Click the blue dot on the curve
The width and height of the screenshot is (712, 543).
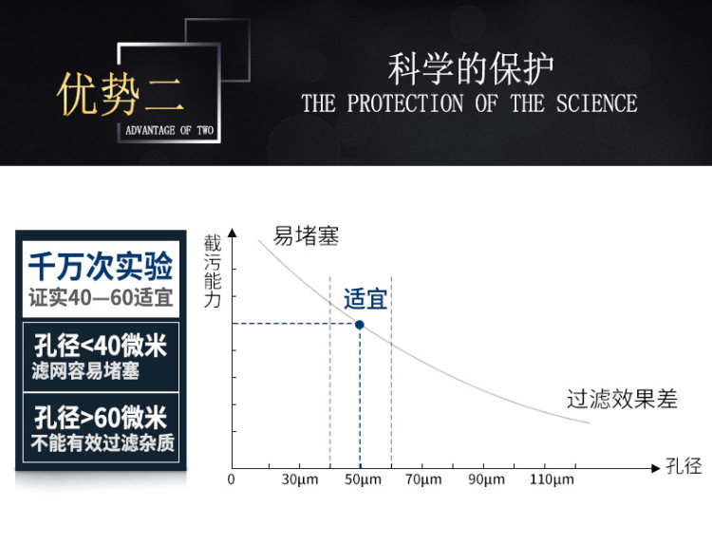coord(360,325)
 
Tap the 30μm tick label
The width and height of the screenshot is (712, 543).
coord(300,479)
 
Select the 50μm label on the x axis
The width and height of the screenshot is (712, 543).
coord(363,479)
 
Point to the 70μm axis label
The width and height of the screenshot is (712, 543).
coord(423,479)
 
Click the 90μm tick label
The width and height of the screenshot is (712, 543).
coord(486,479)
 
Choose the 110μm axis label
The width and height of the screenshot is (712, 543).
coord(552,479)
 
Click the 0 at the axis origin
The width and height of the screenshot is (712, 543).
coord(231,479)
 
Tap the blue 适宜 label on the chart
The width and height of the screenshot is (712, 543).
coord(365,299)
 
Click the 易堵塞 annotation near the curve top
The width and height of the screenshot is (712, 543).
coord(306,236)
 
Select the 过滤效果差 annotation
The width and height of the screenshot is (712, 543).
coord(622,399)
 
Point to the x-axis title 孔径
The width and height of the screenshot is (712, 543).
coord(684,466)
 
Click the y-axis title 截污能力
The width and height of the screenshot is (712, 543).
coord(213,271)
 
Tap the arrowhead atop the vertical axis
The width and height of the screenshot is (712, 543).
coord(233,233)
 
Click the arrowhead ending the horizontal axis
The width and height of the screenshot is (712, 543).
coord(655,468)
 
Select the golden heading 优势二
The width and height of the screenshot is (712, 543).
coord(121,94)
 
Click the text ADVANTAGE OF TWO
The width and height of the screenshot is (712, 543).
coord(169,131)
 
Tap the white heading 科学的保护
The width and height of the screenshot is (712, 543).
coord(471,69)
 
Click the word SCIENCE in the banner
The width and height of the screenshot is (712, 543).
coord(597,103)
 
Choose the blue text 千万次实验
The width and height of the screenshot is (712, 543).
coord(101,266)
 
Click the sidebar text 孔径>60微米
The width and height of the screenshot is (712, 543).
coord(101,418)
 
